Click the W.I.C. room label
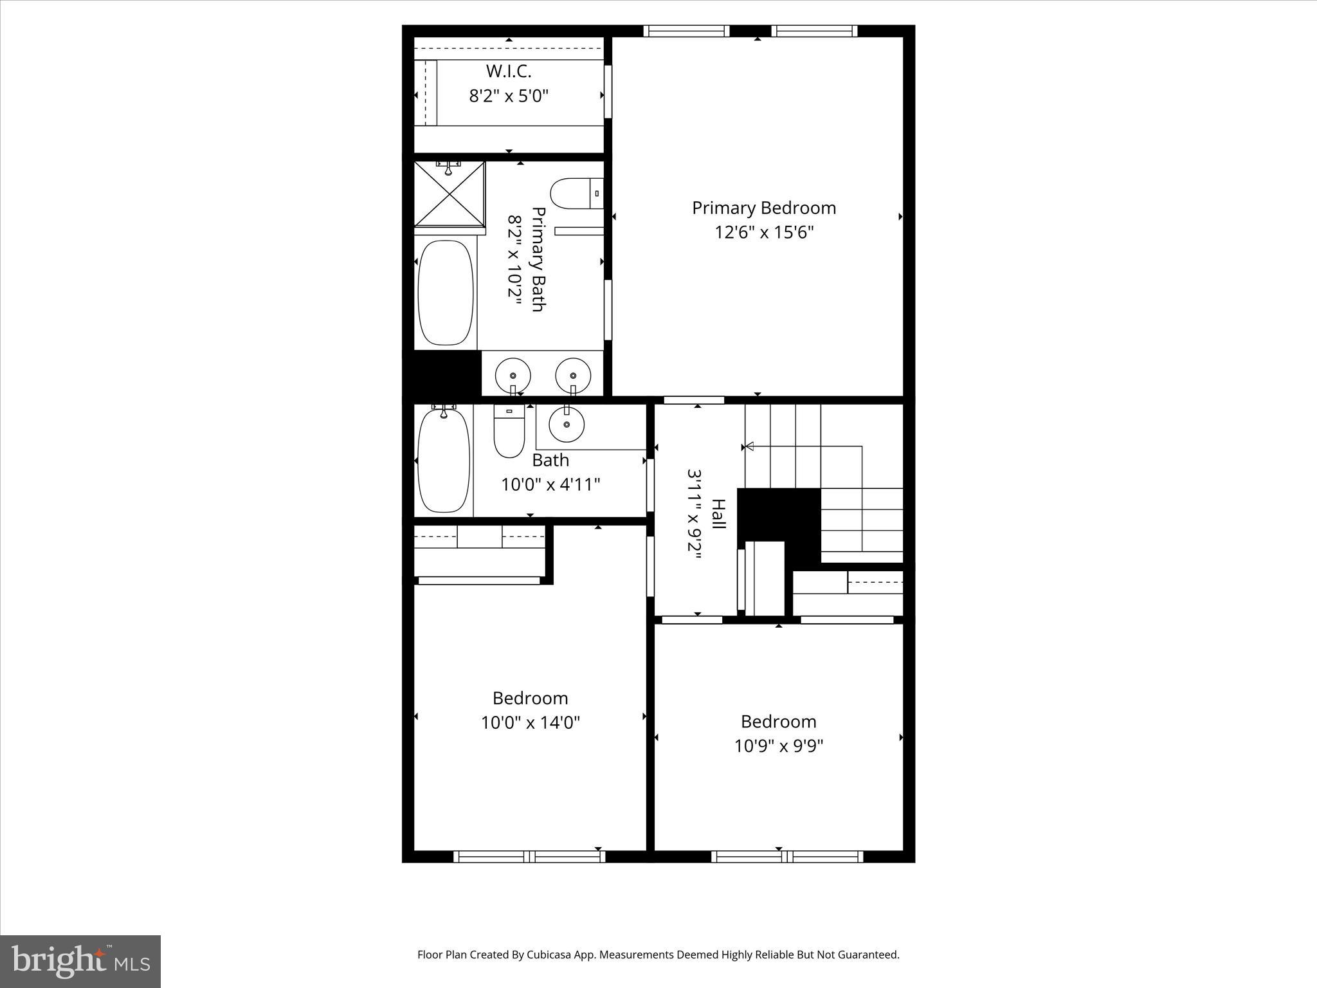pos(508,71)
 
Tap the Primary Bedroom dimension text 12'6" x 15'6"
pos(764,232)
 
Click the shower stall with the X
pos(449,194)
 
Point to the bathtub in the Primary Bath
pos(446,293)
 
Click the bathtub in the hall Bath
pos(443,461)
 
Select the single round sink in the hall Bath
pos(567,425)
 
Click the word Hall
pos(718,514)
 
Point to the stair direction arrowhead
pos(748,446)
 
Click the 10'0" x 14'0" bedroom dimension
pos(531,723)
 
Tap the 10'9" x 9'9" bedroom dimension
pos(779,746)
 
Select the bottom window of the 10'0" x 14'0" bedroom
pos(529,856)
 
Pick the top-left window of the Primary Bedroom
pos(686,31)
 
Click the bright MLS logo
pos(80,961)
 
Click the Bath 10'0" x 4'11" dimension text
pos(550,484)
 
